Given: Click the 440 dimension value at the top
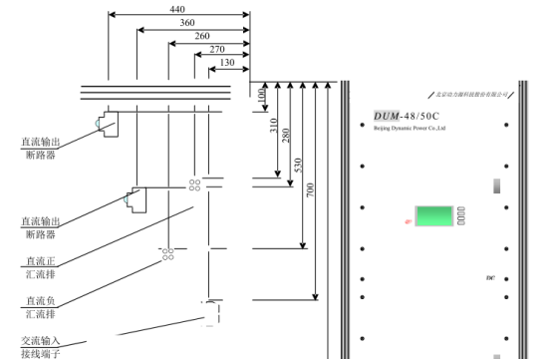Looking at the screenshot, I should (x=178, y=8).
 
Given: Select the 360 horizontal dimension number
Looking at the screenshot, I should (x=186, y=22).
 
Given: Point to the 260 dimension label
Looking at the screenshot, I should (x=202, y=35).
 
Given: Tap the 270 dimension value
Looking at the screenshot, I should (x=217, y=48).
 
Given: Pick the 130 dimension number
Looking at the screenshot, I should (x=227, y=62).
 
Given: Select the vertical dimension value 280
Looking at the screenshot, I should (x=287, y=136).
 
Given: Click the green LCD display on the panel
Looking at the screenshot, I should (x=433, y=215).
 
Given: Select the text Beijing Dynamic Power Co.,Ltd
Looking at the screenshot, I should (x=409, y=128).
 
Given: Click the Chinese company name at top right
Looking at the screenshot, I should (x=470, y=94).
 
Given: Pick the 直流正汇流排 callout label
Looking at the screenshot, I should (x=41, y=266).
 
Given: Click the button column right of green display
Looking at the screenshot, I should (x=461, y=214).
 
